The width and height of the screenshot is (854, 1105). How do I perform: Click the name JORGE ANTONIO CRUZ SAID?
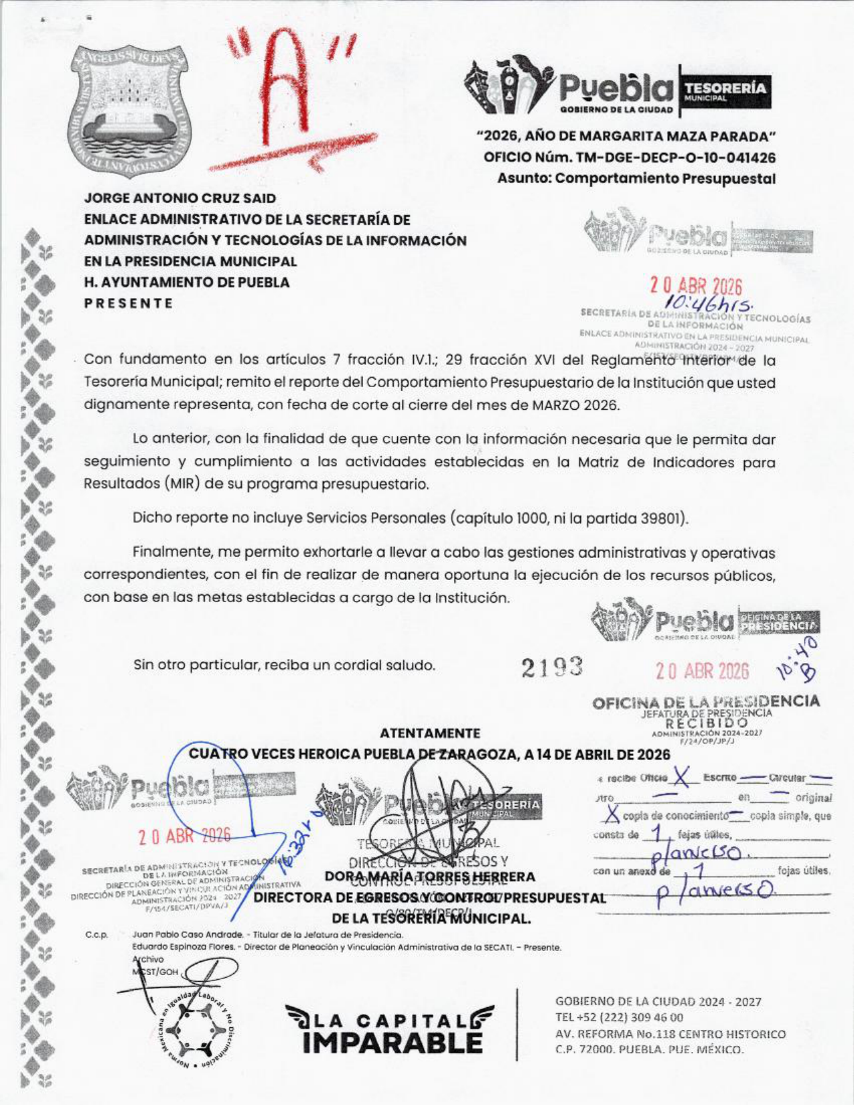pyautogui.click(x=180, y=198)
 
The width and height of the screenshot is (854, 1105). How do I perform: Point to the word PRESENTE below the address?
pyautogui.click(x=129, y=303)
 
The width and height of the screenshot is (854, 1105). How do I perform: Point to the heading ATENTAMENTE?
pyautogui.click(x=429, y=733)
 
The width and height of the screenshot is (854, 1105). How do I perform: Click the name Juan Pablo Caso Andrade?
pyautogui.click(x=188, y=934)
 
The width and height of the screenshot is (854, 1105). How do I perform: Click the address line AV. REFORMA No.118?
pyautogui.click(x=618, y=1034)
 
